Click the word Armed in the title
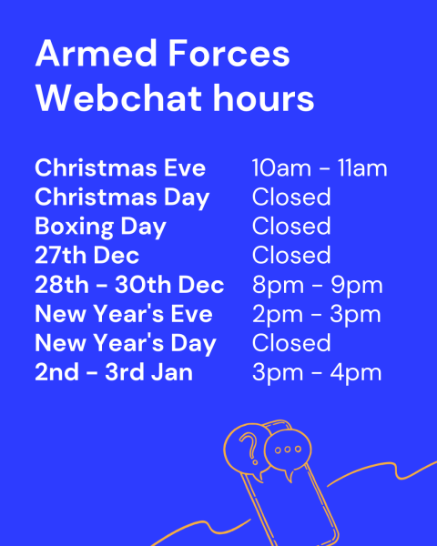click(x=97, y=54)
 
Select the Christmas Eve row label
click(x=120, y=167)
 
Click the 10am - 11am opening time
click(x=320, y=168)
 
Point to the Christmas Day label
click(x=122, y=198)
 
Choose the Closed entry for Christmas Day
click(x=291, y=197)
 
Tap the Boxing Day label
click(x=100, y=227)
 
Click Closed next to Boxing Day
click(x=291, y=226)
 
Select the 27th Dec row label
click(x=87, y=255)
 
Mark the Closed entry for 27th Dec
click(x=291, y=255)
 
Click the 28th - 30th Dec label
click(x=129, y=285)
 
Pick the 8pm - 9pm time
click(x=318, y=287)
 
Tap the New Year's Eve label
click(x=124, y=314)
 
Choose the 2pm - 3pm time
click(x=317, y=316)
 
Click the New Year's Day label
click(x=126, y=344)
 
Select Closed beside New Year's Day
click(x=291, y=343)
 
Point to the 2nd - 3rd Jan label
click(x=114, y=372)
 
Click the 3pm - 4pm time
click(x=317, y=374)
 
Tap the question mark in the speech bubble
click(x=249, y=449)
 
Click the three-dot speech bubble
click(x=288, y=452)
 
